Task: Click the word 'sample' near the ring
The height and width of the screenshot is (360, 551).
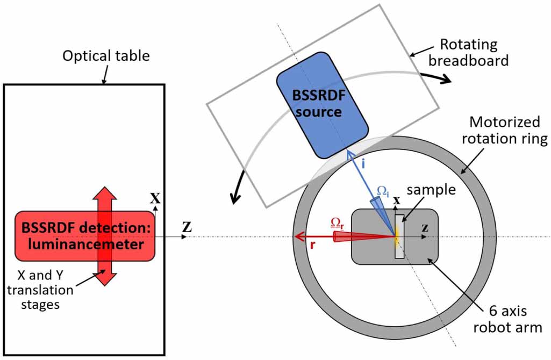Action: pos(431,191)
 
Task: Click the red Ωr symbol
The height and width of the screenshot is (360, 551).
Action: pos(337,222)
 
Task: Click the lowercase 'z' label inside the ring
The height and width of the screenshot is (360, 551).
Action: pos(425,227)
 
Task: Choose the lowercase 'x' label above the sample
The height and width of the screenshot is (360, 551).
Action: pos(397,200)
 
